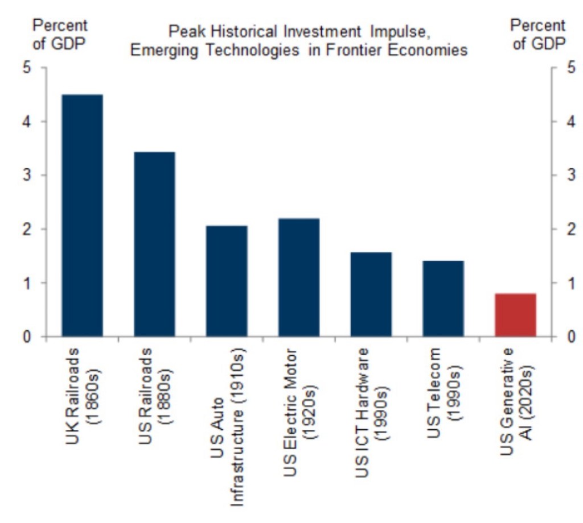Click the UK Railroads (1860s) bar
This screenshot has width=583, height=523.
click(x=83, y=215)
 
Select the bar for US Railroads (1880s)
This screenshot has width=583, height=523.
click(x=154, y=244)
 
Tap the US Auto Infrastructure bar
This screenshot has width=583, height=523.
click(x=227, y=281)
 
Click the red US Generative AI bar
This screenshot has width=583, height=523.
click(x=516, y=315)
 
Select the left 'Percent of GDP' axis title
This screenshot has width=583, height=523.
click(x=60, y=35)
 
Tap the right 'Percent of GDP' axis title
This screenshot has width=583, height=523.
click(x=538, y=35)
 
